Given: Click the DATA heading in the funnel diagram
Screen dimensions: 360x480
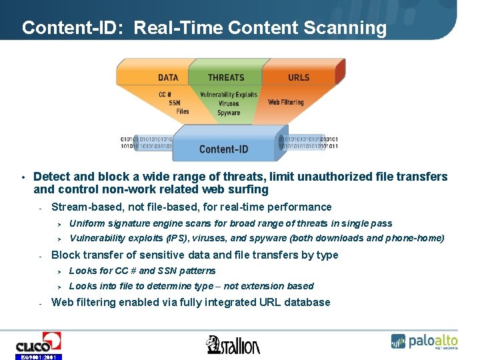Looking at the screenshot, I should pos(168,78).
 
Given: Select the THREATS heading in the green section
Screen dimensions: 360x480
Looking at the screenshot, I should pos(226,78).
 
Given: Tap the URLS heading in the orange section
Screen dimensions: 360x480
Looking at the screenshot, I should pos(299,78).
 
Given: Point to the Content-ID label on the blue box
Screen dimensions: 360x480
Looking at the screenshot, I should pos(223,149).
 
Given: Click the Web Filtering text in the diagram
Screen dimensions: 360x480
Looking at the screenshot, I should pos(285,103).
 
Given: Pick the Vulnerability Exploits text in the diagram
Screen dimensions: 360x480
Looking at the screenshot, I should pos(229,95).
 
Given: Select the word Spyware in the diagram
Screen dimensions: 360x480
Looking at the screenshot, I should pos(229,113).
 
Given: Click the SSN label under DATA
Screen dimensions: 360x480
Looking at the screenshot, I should pos(174,103).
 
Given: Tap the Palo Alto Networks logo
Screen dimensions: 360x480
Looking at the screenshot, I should pos(424,341).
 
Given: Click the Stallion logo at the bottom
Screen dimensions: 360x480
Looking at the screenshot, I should pos(233,345).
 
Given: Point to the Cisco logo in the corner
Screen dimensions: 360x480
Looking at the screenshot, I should pos(38,345).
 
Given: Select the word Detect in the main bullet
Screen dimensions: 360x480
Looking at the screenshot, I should pos(51,177).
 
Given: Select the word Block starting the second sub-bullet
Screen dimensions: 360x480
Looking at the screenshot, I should pos(65,255).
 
